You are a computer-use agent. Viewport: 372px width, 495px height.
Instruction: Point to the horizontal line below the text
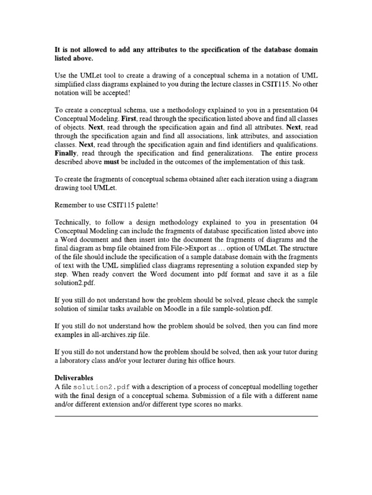186,416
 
